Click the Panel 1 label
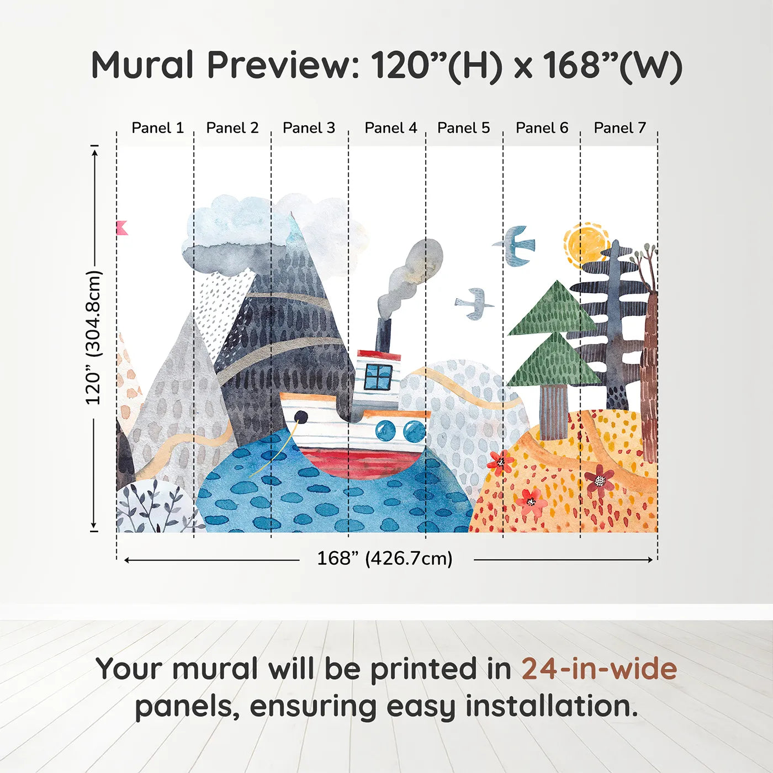tap(157, 128)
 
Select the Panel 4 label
tap(390, 128)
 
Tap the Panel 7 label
tap(620, 128)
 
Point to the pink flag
tap(122, 228)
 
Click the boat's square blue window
tap(378, 377)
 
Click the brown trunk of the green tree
tap(553, 411)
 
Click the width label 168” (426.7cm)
tap(384, 559)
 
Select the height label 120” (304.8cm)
tap(93, 338)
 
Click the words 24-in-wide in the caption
tap(599, 669)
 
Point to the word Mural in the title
tap(142, 65)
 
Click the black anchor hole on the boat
tap(301, 417)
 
